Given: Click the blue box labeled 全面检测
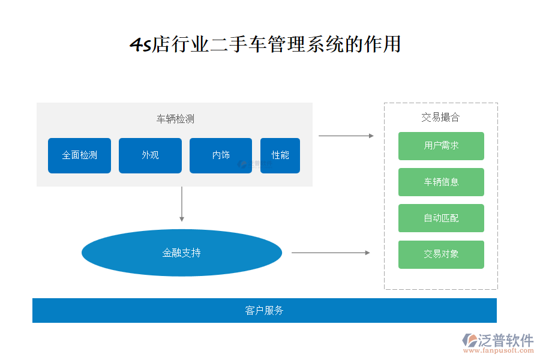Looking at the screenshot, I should (x=79, y=155).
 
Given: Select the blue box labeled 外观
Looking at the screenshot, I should (x=150, y=155).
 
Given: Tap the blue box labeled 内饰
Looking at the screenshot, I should (x=221, y=155).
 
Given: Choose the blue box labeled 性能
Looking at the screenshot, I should (x=280, y=155).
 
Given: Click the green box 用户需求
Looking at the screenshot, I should (x=441, y=146).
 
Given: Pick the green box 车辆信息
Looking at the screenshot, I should (x=441, y=182).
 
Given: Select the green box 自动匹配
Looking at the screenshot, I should (x=441, y=218).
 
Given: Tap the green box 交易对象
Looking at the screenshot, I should (x=441, y=254).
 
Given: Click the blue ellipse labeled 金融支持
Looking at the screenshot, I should (x=182, y=253).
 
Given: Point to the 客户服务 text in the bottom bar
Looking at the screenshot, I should (x=264, y=310).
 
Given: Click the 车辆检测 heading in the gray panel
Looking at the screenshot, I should (x=175, y=119).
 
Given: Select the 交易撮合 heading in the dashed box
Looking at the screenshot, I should (x=440, y=118).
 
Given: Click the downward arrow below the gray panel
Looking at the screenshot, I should (x=182, y=204).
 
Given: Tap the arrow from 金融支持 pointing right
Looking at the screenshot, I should (x=330, y=253).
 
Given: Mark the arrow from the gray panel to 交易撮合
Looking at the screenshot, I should (x=346, y=136).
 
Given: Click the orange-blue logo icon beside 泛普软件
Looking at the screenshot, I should (x=470, y=340).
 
